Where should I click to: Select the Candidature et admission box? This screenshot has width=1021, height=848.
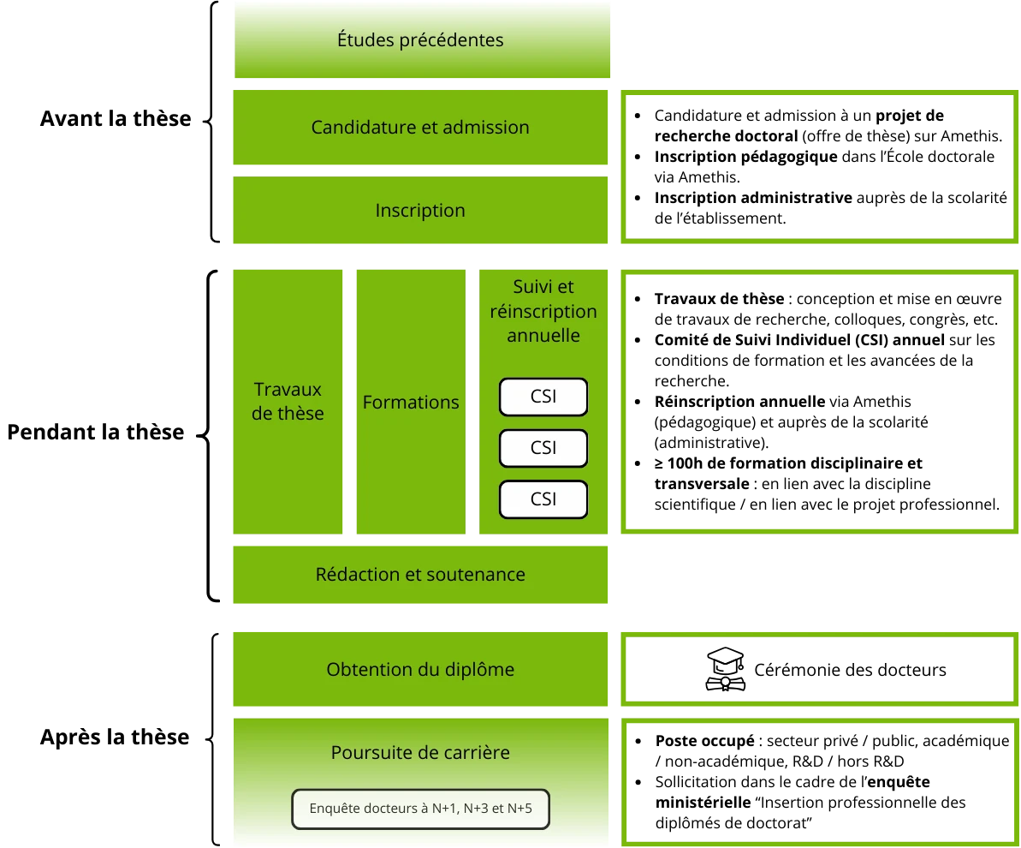(x=420, y=128)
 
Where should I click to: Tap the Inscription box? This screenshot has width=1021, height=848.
(x=420, y=211)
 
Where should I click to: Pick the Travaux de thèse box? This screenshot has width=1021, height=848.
(x=288, y=401)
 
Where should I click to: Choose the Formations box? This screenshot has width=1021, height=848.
(x=411, y=402)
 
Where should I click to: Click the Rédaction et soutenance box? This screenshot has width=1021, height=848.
(x=420, y=574)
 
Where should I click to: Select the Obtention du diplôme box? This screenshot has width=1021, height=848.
(x=420, y=669)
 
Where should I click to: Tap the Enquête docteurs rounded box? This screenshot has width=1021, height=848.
(x=420, y=809)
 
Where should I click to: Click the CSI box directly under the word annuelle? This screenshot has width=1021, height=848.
(x=543, y=397)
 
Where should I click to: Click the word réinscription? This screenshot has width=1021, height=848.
(x=543, y=312)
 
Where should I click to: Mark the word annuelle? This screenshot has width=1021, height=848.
(x=543, y=336)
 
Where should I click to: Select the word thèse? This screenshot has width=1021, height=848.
(x=300, y=414)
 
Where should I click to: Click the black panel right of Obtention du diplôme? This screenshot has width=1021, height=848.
(x=821, y=668)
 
